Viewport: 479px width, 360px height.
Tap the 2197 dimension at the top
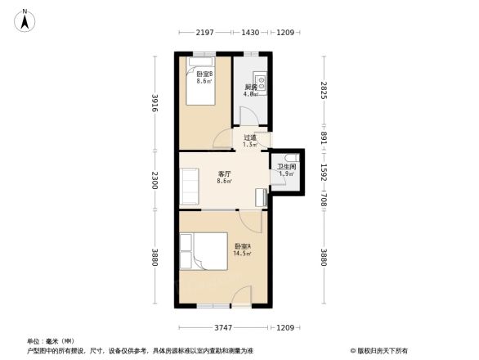(x=204, y=32)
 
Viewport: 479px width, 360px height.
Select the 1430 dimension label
(x=249, y=32)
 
